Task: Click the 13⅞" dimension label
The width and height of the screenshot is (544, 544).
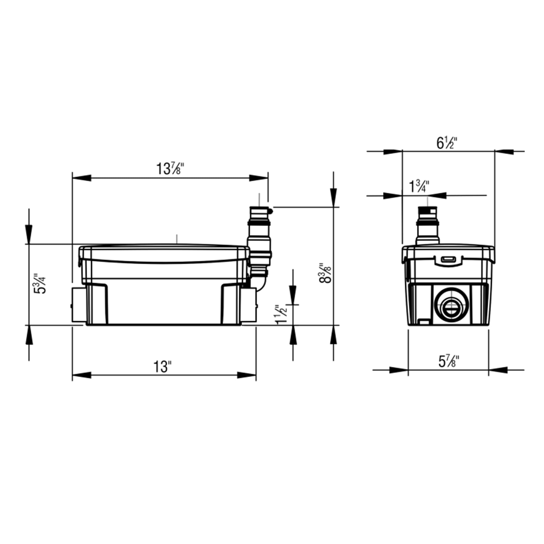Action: coord(170,169)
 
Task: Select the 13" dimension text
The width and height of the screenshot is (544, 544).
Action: coord(162,367)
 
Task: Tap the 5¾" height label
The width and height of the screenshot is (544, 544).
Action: coord(40,283)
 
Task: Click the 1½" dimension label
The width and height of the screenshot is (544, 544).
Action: coord(282,314)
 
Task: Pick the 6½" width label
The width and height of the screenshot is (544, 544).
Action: coord(447,143)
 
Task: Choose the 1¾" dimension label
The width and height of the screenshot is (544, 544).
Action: coord(419,186)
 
